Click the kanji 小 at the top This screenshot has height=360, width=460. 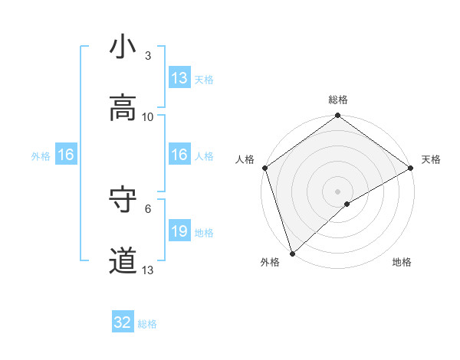tap(123, 47)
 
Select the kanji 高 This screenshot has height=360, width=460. tap(123, 108)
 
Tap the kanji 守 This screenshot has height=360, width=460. tap(123, 200)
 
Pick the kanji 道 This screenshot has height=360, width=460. tap(123, 261)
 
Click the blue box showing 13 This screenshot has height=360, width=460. tap(179, 78)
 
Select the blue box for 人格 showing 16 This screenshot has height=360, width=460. tap(179, 155)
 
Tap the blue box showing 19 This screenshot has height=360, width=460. tap(179, 231)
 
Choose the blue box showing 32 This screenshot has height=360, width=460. tap(123, 322)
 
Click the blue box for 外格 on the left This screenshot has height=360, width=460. tap(65, 155)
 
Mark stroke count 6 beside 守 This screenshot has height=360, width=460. tap(148, 208)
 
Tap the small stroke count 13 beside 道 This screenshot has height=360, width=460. tap(148, 270)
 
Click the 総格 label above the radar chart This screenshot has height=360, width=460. tap(337, 100)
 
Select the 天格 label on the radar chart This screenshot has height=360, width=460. tap(431, 159)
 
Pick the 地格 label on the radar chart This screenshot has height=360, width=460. tap(402, 262)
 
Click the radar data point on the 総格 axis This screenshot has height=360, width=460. tap(337, 116)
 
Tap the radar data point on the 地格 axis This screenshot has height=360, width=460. tap(347, 204)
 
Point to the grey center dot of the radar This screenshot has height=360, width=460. tap(337, 191)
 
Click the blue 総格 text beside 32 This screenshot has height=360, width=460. tap(147, 324)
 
